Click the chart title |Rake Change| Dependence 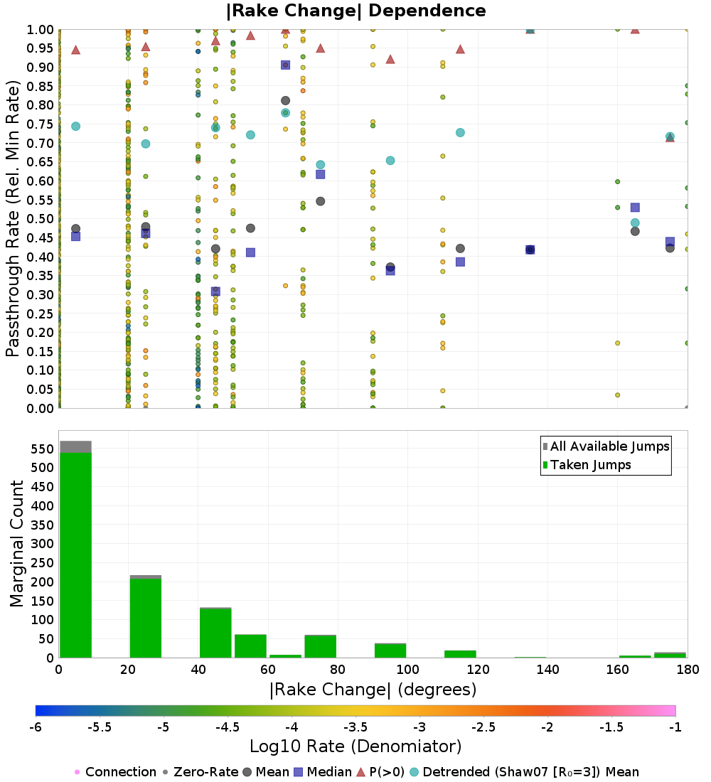click(x=356, y=11)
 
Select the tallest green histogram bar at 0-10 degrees click(x=75, y=555)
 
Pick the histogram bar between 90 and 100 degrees click(x=390, y=650)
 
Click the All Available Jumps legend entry click(x=606, y=446)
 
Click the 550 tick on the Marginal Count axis click(x=42, y=449)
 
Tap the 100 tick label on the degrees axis click(x=407, y=670)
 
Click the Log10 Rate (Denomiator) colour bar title click(x=355, y=746)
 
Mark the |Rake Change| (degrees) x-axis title click(x=373, y=690)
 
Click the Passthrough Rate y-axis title click(x=14, y=219)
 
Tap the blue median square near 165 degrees click(x=635, y=208)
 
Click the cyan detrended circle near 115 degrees click(x=460, y=133)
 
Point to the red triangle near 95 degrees click(x=390, y=59)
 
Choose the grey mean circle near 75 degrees click(x=321, y=201)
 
